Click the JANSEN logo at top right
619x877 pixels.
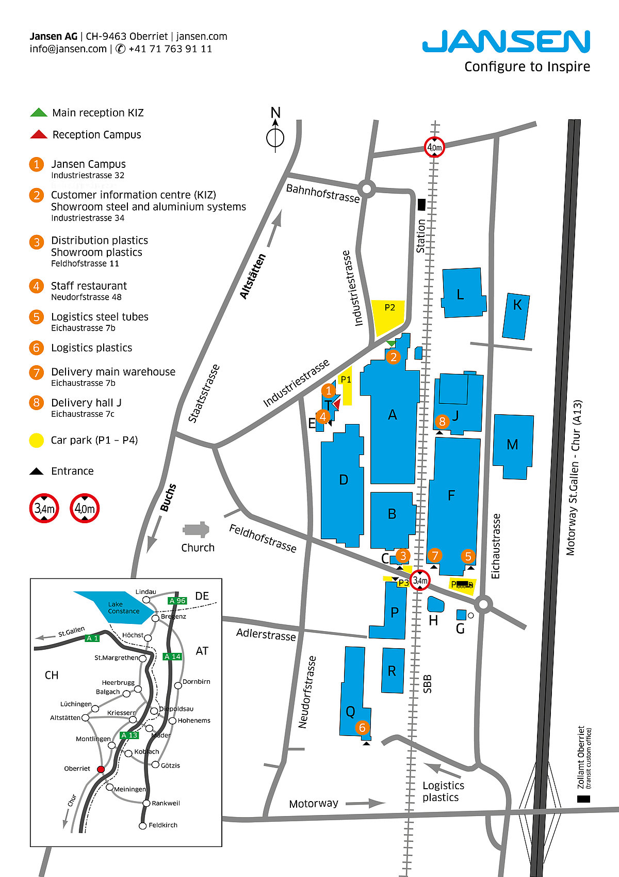point(506,42)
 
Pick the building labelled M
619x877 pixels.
point(513,445)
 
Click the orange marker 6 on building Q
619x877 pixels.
point(362,728)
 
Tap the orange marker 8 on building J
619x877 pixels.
point(442,421)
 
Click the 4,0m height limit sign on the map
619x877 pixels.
point(434,147)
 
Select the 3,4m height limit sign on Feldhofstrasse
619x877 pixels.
point(420,581)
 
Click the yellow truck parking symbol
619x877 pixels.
point(462,585)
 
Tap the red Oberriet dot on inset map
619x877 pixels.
point(101,769)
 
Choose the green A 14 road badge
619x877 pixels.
point(172,656)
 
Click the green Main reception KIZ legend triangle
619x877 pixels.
point(39,113)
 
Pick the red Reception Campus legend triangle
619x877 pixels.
point(39,135)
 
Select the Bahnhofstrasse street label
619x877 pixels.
point(323,193)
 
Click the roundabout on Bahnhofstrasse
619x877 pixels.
point(367,189)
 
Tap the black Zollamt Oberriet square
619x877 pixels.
point(583,798)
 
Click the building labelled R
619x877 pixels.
point(393,670)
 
